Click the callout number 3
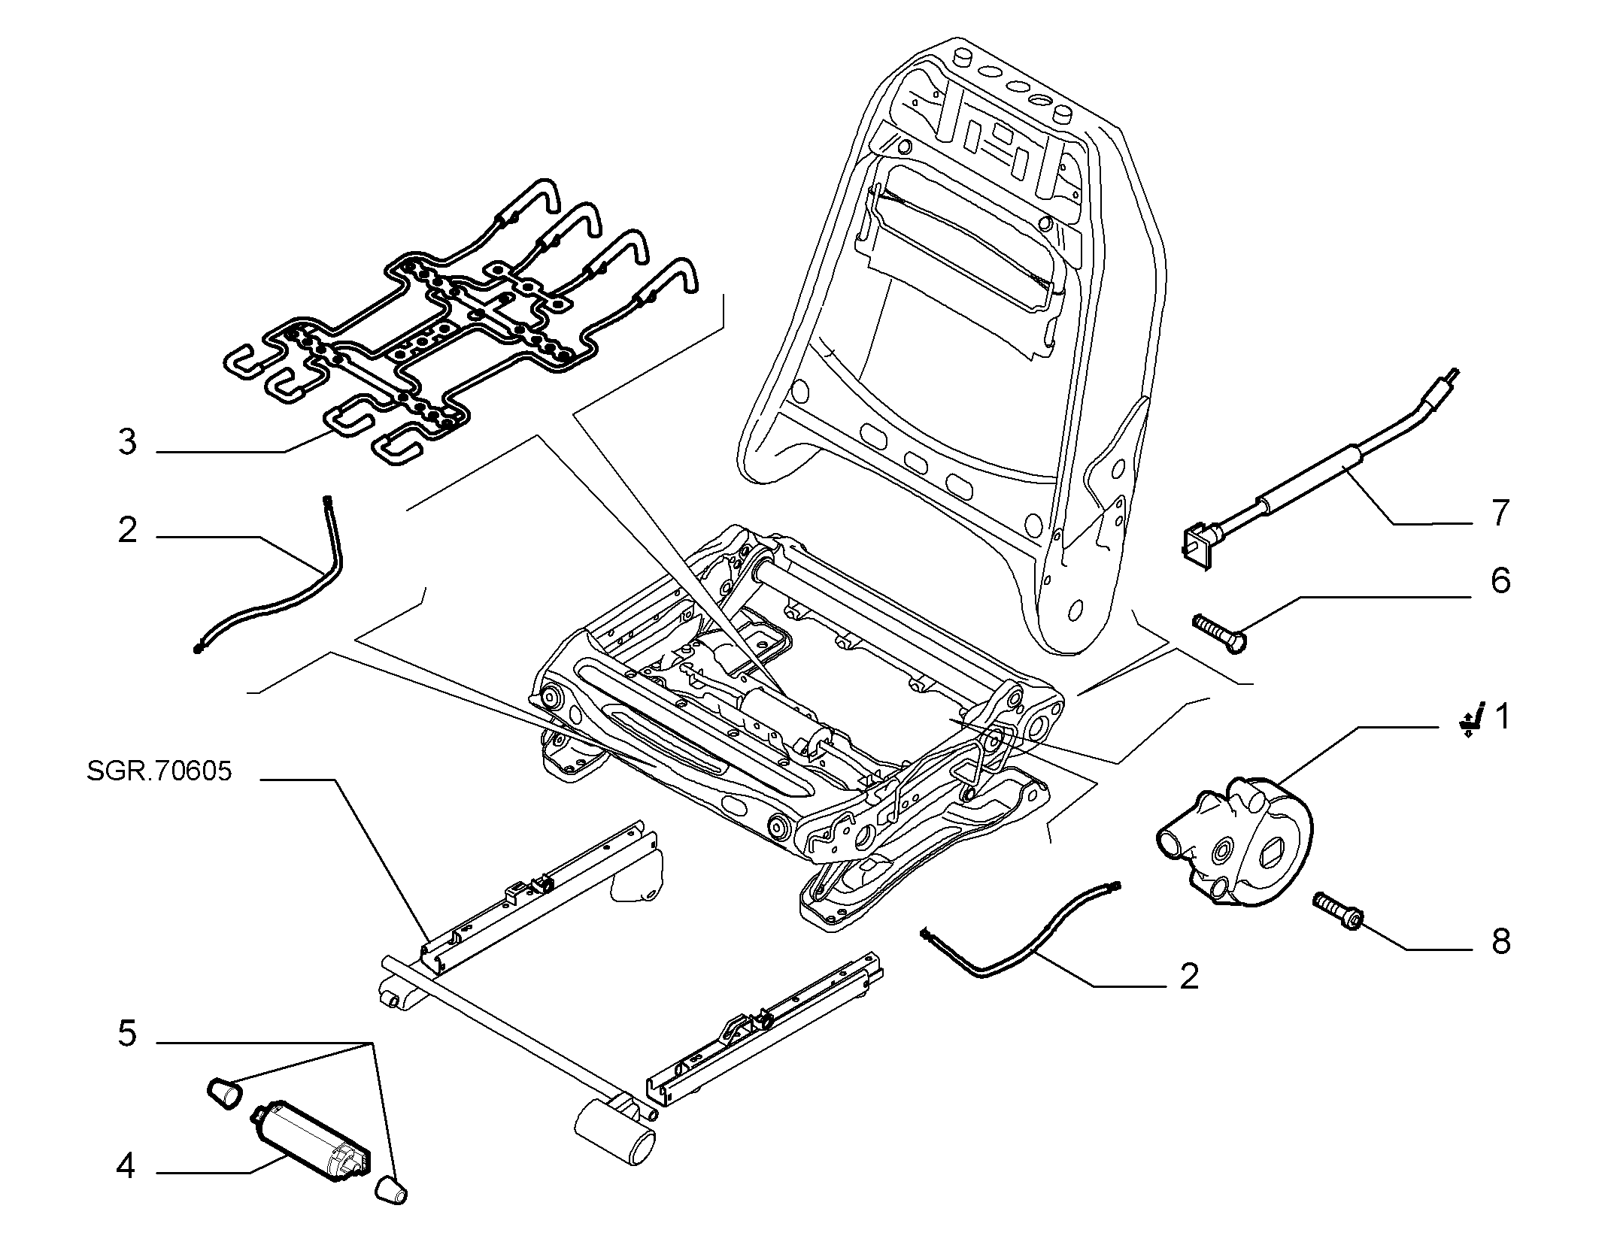pos(128,442)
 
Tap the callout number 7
pos(1500,513)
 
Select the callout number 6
pos(1500,581)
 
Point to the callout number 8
pos(1500,942)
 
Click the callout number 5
pos(128,1034)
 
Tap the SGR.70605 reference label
pos(159,772)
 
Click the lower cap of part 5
pos(390,1191)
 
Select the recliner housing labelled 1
pos(1233,840)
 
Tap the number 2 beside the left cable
pos(128,530)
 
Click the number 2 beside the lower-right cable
pos(1189,977)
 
